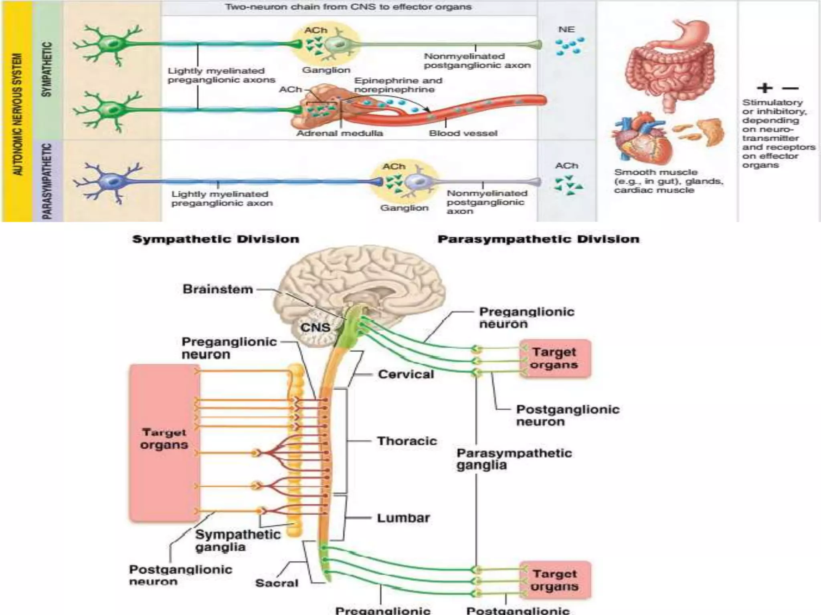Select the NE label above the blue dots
(566, 30)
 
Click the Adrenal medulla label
(339, 133)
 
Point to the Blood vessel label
(463, 133)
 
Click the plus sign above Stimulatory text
(764, 88)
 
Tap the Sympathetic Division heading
(216, 239)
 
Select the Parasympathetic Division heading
(538, 239)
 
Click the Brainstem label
(218, 289)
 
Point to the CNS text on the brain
(315, 328)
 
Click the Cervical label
(406, 374)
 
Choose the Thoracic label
(407, 441)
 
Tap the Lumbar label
(403, 518)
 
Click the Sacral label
(277, 583)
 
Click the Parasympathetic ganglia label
(514, 459)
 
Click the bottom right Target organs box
(555, 580)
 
